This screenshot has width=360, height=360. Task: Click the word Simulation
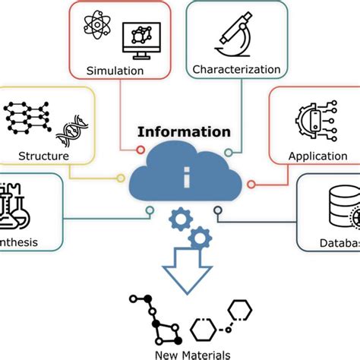(115, 71)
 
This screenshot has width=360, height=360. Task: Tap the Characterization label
(236, 70)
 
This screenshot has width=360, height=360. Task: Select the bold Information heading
(184, 132)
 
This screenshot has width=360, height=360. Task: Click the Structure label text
(43, 156)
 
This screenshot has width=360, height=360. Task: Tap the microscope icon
(238, 33)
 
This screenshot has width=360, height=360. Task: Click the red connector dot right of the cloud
(251, 183)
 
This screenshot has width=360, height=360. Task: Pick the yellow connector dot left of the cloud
(120, 179)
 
